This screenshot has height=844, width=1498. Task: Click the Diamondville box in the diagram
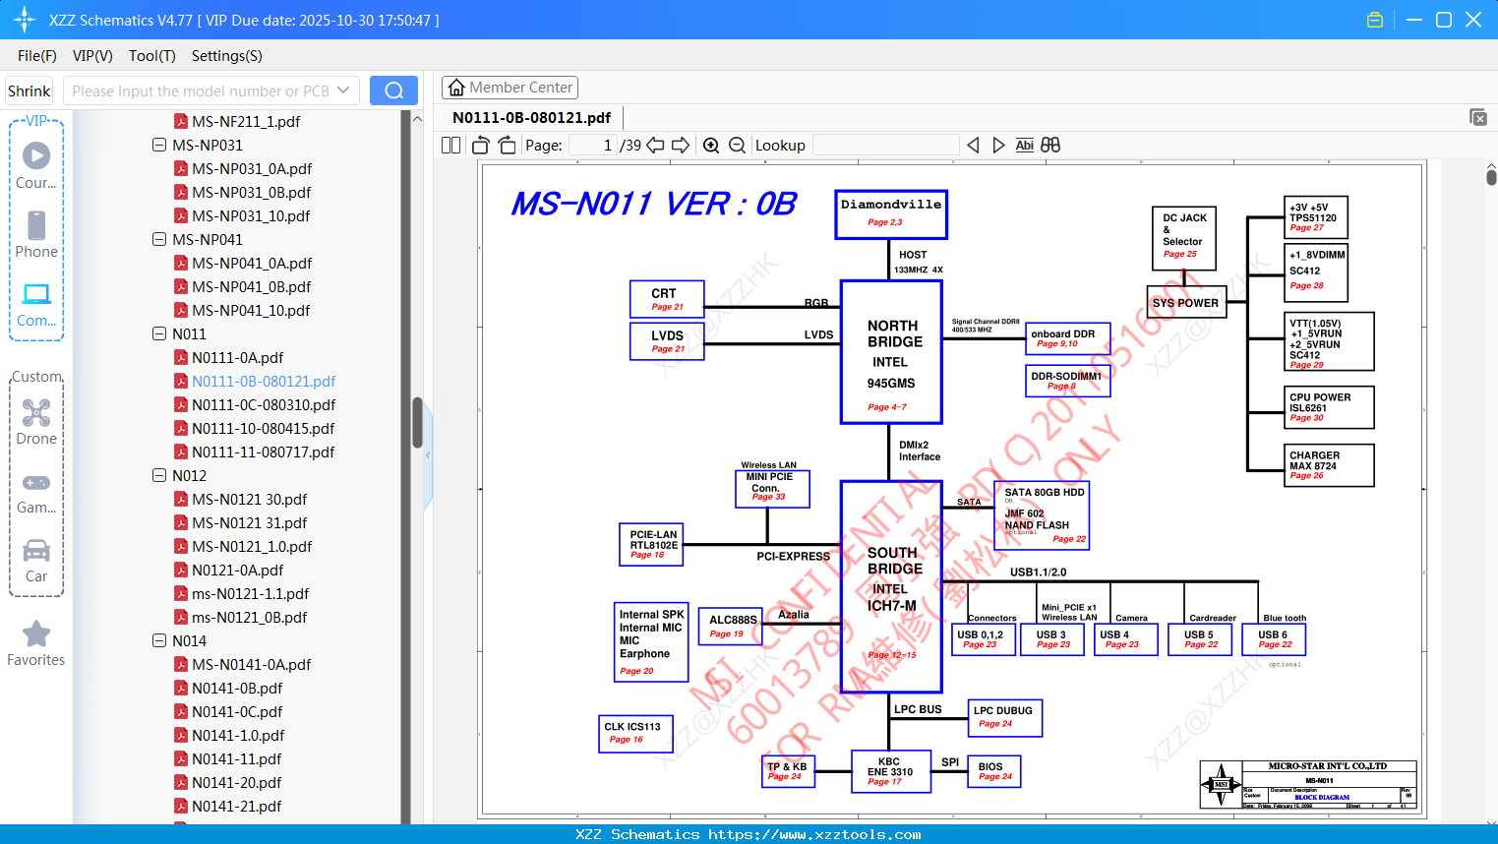891,213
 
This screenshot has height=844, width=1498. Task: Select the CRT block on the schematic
667,298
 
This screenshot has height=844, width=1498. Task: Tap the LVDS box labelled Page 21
667,340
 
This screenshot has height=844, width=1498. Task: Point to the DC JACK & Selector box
1183,237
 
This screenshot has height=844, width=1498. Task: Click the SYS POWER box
1185,303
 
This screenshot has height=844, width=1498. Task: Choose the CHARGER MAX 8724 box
1330,464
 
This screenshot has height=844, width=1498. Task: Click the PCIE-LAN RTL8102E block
653,544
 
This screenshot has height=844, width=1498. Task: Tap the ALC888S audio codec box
733,626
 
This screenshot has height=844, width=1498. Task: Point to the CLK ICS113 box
635,733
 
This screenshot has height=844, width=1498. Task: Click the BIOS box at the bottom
993,771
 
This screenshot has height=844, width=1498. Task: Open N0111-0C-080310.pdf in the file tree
264,404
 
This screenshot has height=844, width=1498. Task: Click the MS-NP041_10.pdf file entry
251,310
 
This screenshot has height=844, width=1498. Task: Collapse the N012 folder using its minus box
159,475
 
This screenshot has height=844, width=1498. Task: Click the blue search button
393,90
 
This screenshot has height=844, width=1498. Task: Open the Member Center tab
509,88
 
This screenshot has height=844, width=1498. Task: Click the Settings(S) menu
226,56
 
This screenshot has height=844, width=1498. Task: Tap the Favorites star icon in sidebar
36,634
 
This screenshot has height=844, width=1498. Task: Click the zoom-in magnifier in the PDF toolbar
711,146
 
